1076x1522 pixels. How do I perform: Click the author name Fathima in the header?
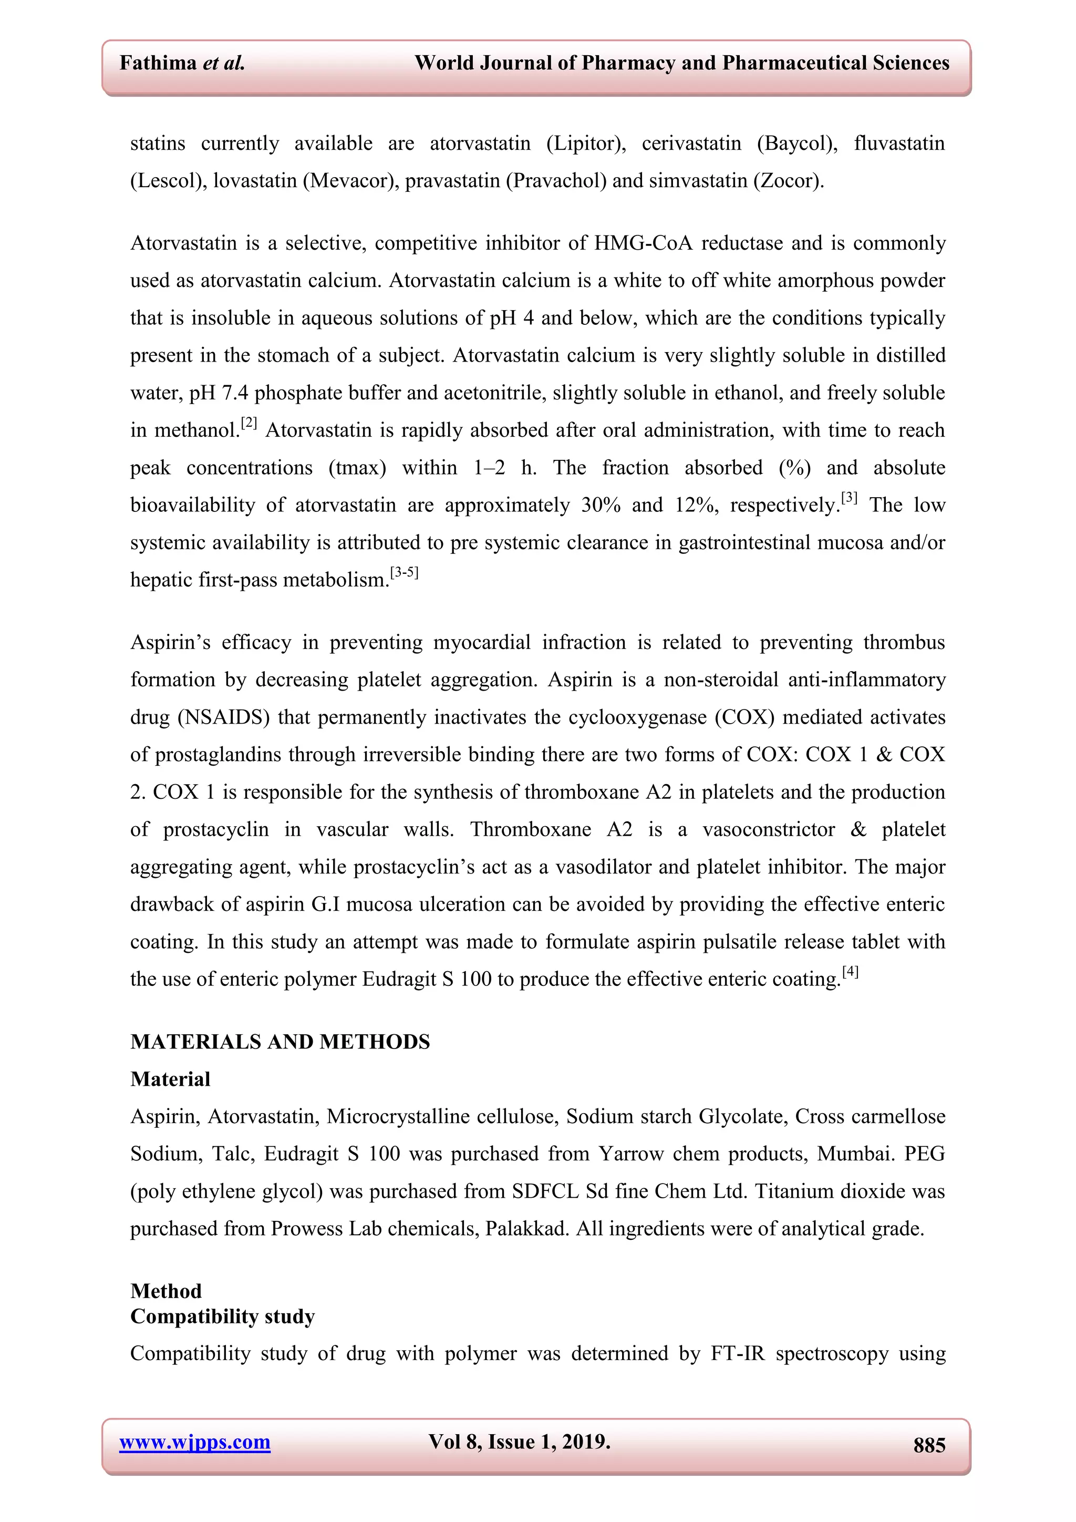pos(158,63)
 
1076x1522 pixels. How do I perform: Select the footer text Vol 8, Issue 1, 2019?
pos(519,1441)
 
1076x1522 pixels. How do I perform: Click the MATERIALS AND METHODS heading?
pos(280,1042)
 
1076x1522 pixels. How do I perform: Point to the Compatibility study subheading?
pos(223,1316)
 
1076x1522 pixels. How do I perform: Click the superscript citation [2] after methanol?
pos(249,423)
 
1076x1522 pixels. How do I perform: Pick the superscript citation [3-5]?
pos(404,572)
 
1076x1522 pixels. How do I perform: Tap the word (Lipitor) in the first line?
pos(586,143)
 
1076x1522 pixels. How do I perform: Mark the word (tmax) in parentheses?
pos(357,468)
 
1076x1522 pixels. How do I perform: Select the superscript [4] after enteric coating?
pos(850,972)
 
